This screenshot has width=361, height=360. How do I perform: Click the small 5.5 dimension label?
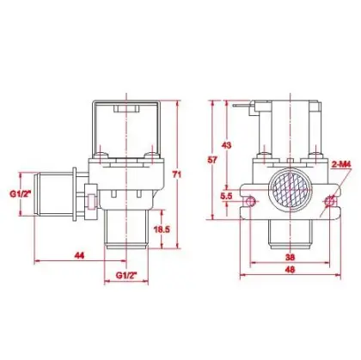coord(226,197)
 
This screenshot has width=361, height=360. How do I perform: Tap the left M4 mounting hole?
coord(250,201)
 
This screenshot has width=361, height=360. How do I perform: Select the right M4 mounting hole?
coord(329,201)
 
